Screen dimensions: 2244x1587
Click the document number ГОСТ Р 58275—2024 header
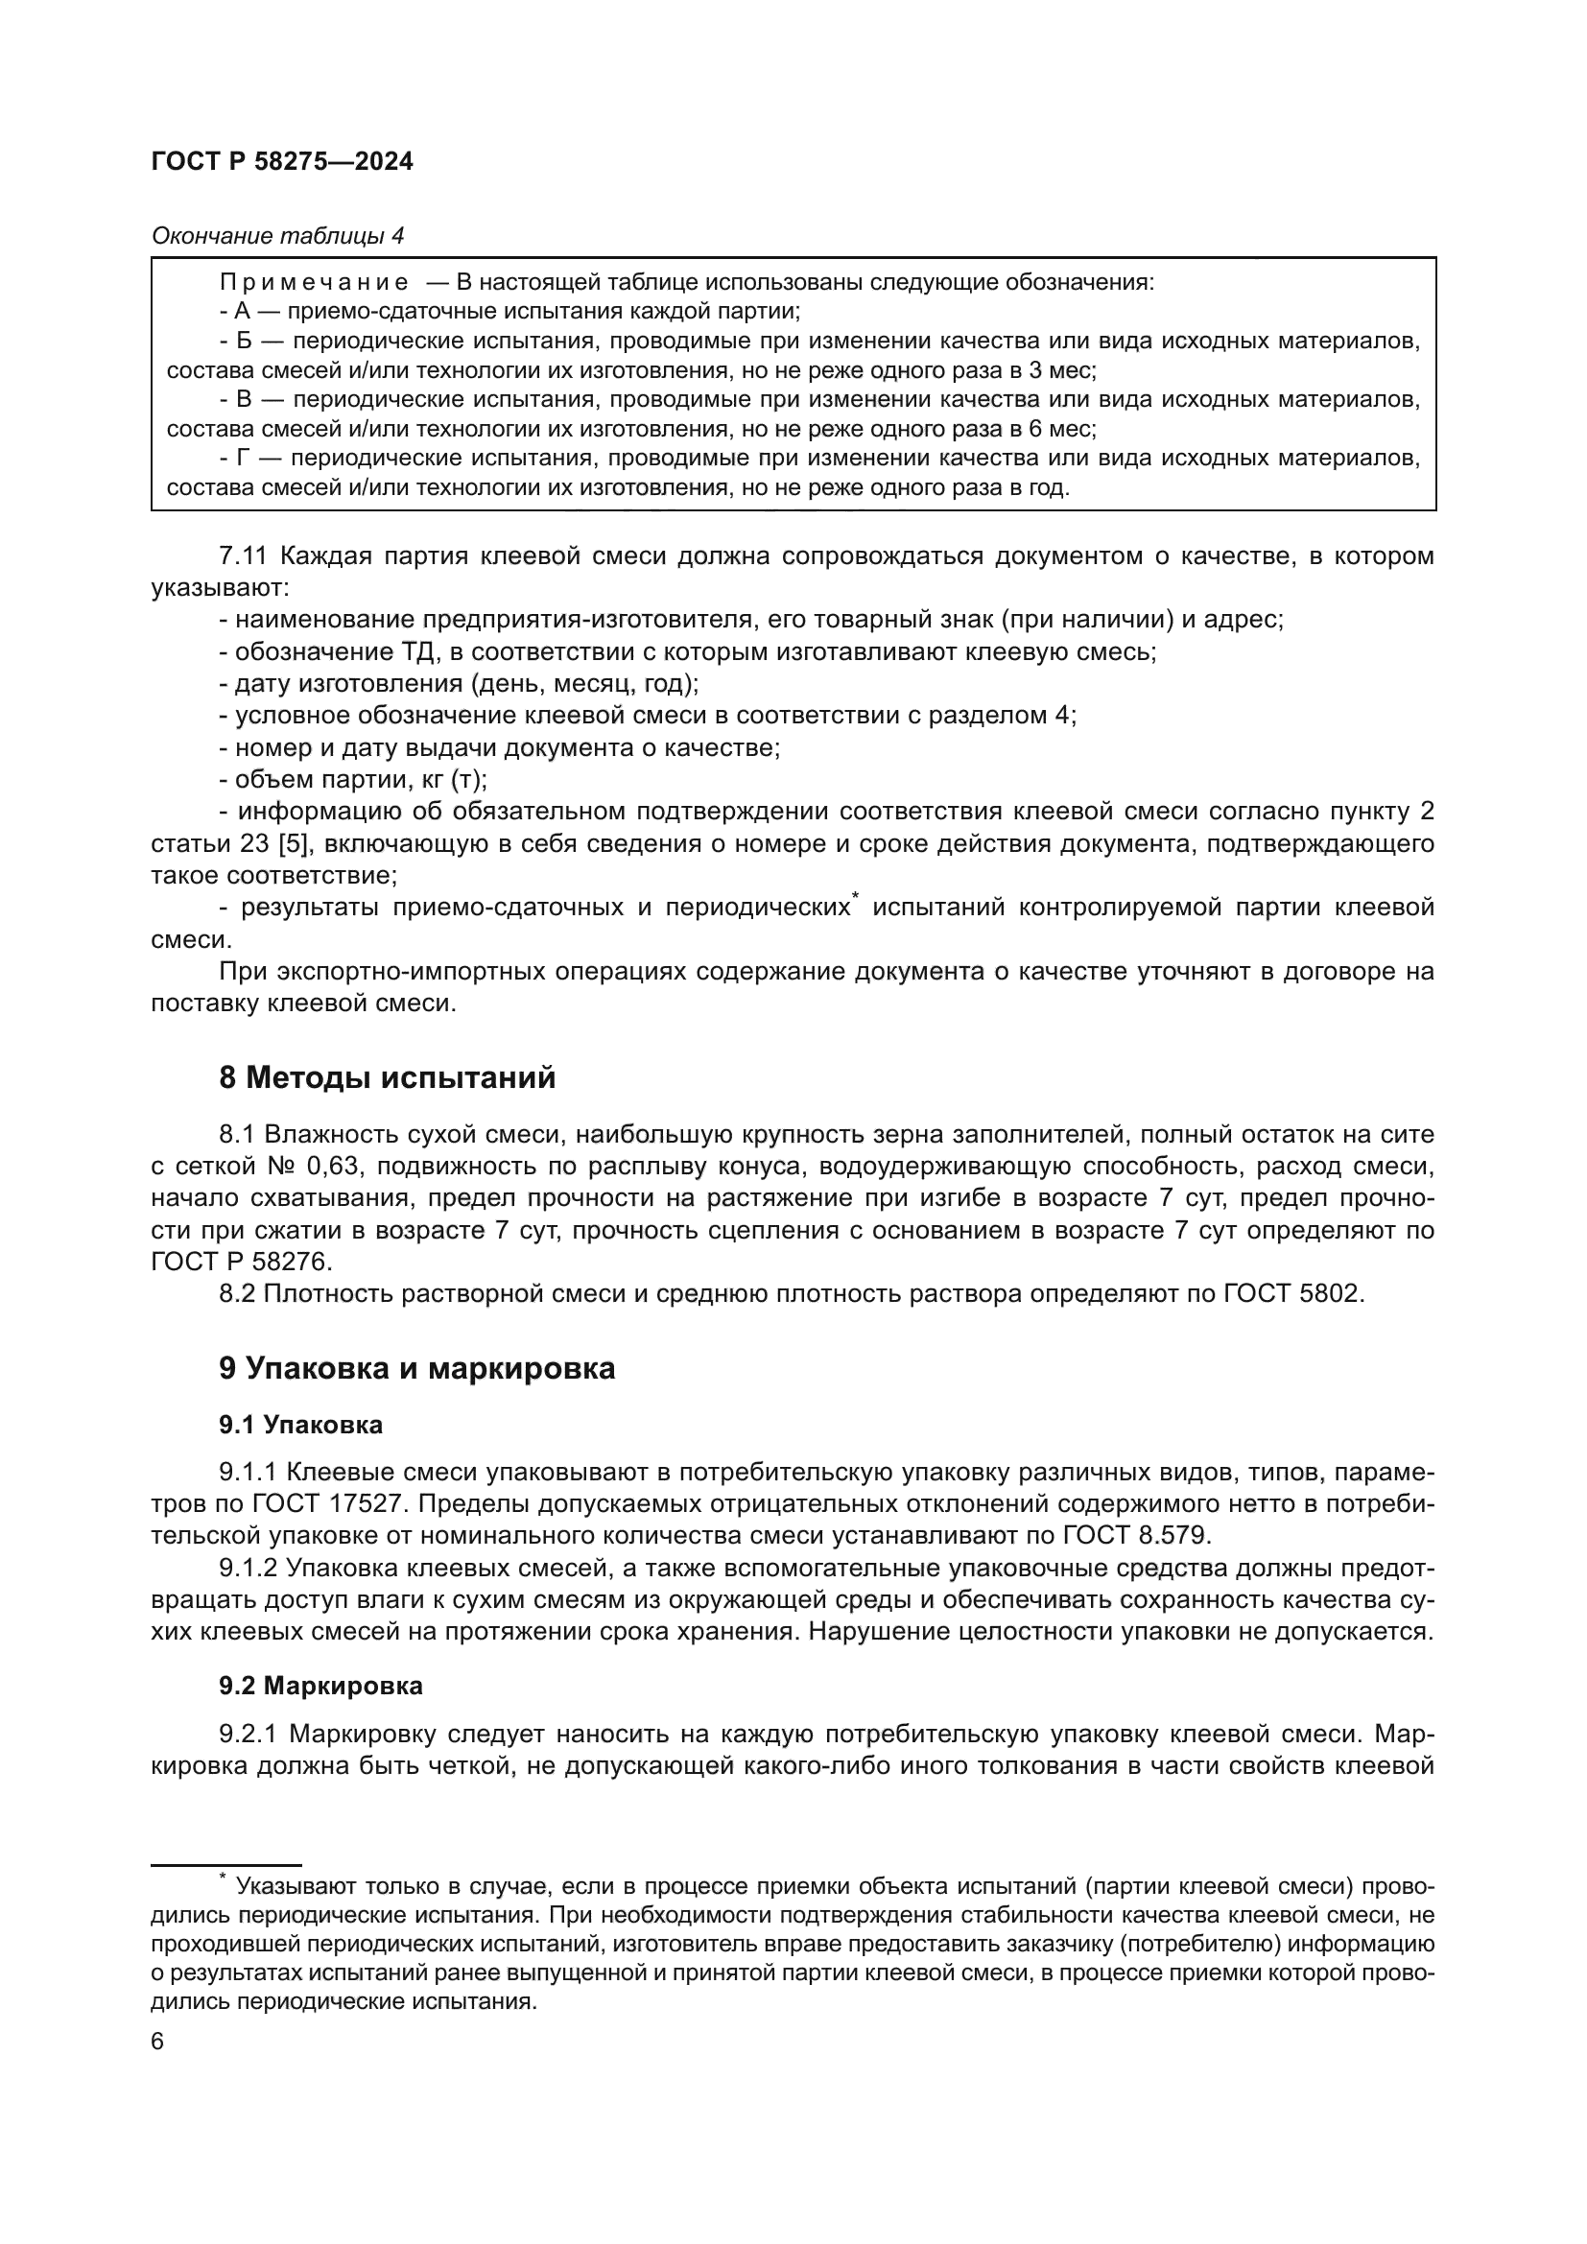point(282,162)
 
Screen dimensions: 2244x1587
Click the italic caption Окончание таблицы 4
point(277,236)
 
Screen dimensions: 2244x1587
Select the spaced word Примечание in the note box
point(314,282)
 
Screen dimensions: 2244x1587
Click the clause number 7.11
point(244,556)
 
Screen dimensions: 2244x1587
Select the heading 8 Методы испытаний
point(387,1078)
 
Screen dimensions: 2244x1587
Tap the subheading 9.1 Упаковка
point(301,1425)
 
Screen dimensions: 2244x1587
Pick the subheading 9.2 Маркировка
point(320,1686)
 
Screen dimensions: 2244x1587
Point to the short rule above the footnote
point(225,1866)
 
